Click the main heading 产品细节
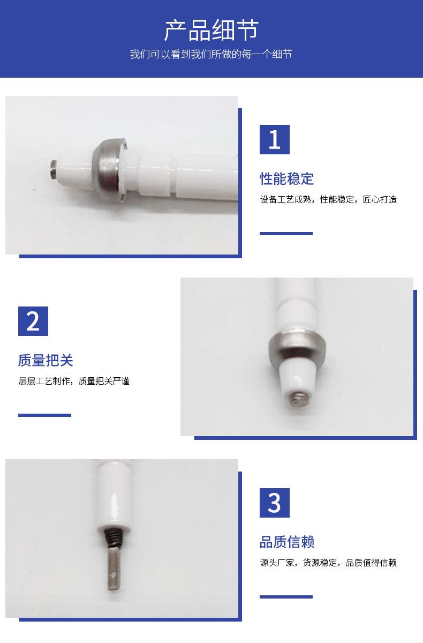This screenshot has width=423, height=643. point(211,30)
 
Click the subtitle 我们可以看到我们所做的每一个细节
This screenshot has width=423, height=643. point(211,54)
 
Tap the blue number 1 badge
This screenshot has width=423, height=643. point(275,139)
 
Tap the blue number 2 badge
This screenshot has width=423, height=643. point(33,321)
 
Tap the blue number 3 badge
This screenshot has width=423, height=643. point(275,503)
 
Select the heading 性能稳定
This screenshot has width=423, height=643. point(286,178)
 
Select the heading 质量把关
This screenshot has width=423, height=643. point(46,360)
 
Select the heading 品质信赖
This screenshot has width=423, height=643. point(287,542)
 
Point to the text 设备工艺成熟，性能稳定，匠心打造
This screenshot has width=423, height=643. point(328,199)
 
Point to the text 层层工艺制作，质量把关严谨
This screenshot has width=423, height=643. point(74,381)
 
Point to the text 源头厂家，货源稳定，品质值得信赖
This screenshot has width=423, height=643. point(328,562)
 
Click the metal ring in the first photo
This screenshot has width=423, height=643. point(110,170)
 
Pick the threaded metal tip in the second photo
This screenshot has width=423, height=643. point(298,400)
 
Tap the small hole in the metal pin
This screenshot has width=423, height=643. point(114,574)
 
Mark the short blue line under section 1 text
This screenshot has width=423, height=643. point(286,234)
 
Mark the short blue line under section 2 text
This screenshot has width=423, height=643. point(44,415)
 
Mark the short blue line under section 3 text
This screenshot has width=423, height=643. point(286,597)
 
